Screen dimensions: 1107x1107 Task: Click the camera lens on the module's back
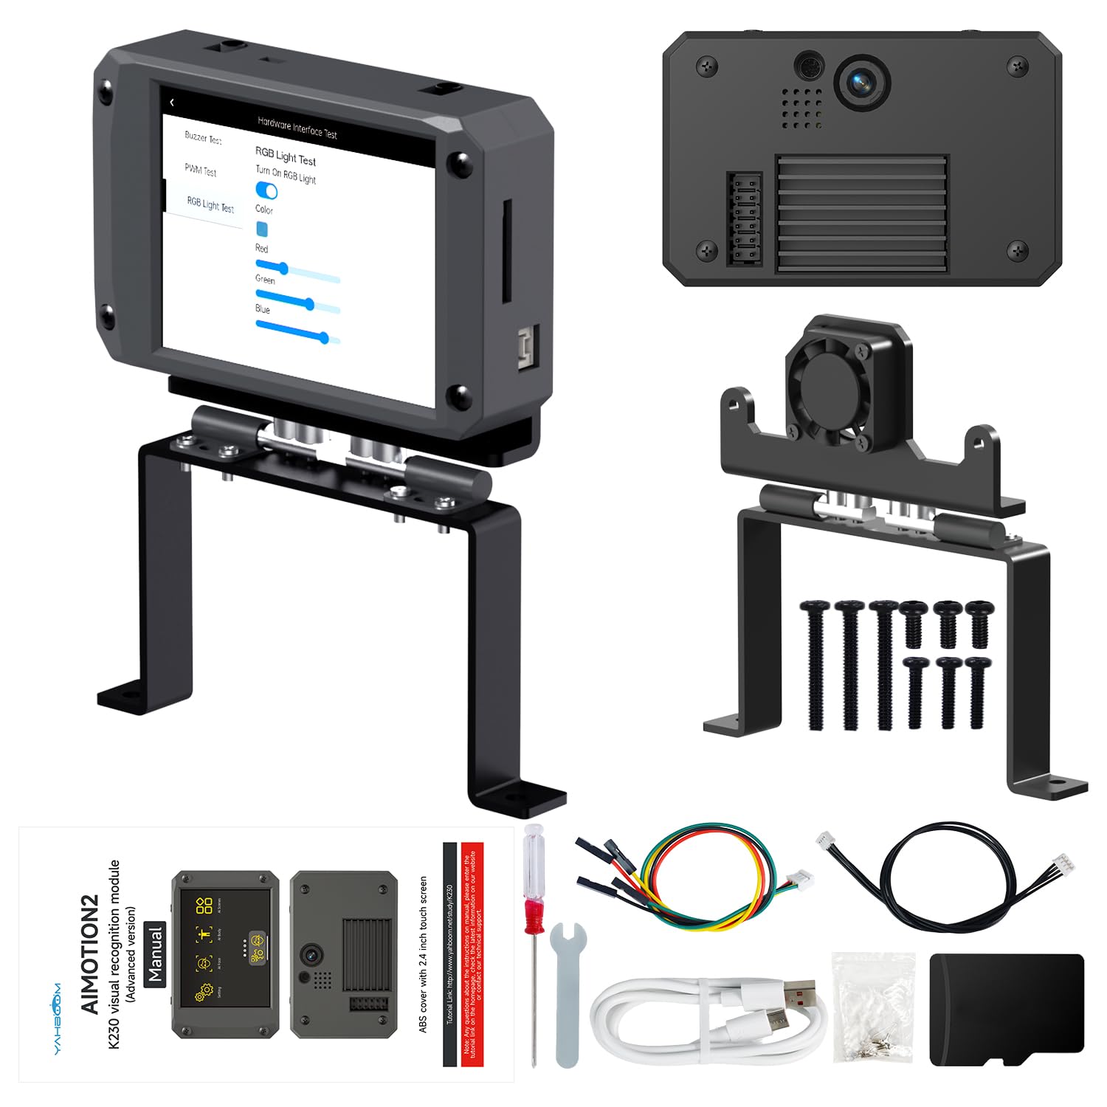click(861, 81)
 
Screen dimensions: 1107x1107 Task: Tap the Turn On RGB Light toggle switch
click(266, 190)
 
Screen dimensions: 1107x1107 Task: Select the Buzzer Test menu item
click(203, 138)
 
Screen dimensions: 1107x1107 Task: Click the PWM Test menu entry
click(200, 171)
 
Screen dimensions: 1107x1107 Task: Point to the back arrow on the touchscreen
click(172, 103)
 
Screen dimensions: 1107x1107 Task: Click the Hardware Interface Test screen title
click(297, 128)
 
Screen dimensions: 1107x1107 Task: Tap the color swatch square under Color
click(262, 229)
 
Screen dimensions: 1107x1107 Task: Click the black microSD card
click(1006, 1010)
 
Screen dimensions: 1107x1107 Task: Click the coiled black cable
click(945, 878)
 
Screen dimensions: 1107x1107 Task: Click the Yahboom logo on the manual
click(58, 1018)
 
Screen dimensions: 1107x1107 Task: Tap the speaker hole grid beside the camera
click(802, 108)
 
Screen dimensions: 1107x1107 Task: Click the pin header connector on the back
click(745, 219)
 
